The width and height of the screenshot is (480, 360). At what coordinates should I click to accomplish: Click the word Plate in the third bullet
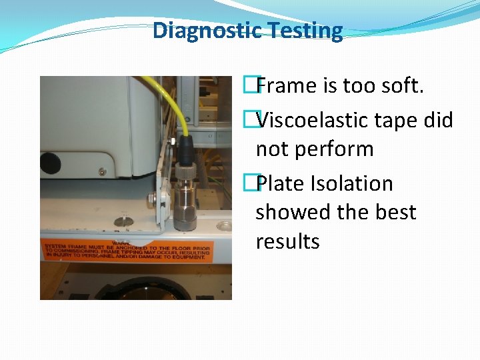tap(280, 183)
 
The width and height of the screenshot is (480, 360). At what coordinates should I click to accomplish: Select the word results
tap(288, 241)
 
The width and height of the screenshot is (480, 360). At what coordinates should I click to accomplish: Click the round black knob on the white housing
tap(50, 163)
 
